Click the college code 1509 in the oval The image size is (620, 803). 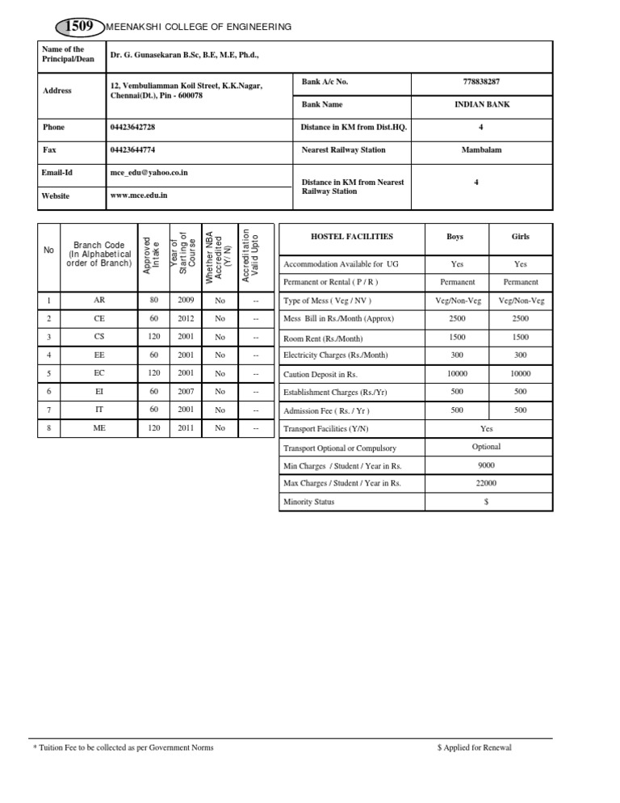point(80,27)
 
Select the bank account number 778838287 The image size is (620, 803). point(482,82)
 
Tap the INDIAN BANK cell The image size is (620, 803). point(482,104)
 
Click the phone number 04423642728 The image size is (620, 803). point(132,128)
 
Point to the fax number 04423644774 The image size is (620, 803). point(132,149)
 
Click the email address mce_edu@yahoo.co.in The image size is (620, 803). point(149,172)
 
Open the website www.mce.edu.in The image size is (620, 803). point(139,195)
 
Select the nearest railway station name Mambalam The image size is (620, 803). point(482,149)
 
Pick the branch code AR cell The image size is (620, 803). point(99,300)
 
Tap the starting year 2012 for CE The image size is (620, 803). point(186,318)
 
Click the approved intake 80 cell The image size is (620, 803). point(154,300)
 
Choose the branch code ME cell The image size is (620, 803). point(99,427)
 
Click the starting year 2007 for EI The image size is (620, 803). point(186,391)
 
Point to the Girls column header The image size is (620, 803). point(521,237)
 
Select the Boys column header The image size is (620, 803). point(455,237)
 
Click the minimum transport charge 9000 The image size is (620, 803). point(486,465)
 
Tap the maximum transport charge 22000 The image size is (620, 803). point(486,483)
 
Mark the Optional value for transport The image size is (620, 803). point(486,446)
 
